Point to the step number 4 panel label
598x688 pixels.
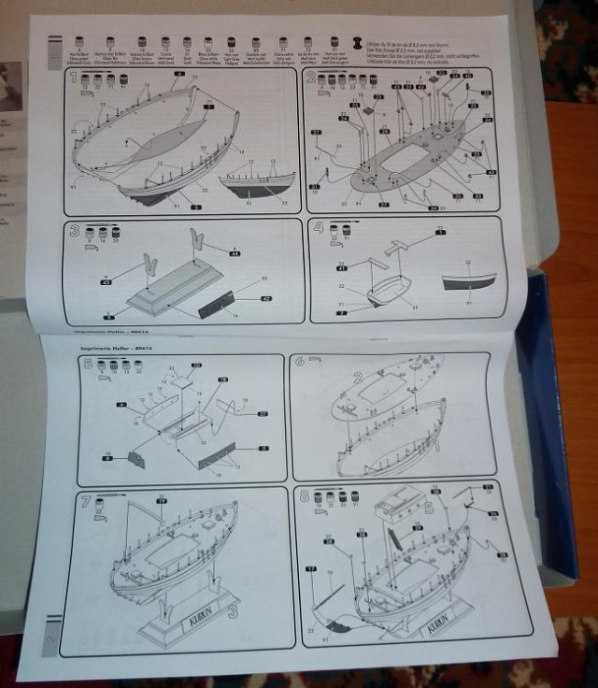point(319,227)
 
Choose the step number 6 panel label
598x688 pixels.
point(300,361)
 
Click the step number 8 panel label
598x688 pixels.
point(303,497)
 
